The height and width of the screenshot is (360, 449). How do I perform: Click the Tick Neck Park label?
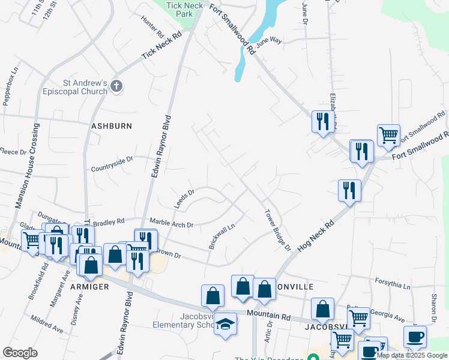tap(183, 8)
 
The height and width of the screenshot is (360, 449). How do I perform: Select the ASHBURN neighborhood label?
tap(111, 126)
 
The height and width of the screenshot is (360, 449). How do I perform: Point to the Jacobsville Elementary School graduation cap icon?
tap(226, 324)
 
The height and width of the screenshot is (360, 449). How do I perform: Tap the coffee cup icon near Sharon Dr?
tap(415, 337)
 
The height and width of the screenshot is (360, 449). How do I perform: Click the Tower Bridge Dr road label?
tap(278, 230)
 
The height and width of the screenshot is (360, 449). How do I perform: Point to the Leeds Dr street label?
tap(184, 199)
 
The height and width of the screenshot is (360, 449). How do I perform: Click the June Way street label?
tap(268, 42)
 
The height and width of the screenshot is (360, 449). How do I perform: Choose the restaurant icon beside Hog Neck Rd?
tap(349, 191)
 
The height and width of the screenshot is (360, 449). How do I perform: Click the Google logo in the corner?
tap(20, 353)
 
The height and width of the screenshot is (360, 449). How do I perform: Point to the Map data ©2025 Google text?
tap(412, 356)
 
